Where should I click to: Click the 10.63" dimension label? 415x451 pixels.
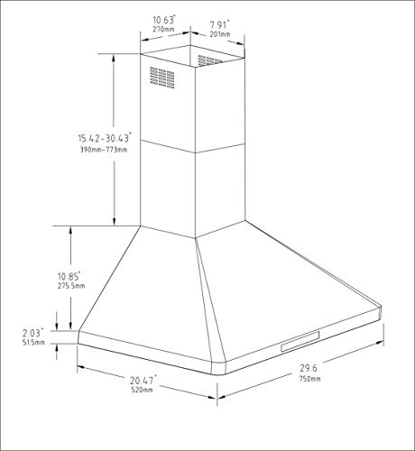[164, 20]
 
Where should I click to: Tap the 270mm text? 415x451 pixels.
[163, 30]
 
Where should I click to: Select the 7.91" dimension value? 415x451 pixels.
[219, 23]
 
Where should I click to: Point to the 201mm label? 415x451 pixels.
[220, 34]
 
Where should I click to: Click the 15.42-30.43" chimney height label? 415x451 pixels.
[105, 138]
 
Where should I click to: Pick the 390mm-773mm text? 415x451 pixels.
[104, 150]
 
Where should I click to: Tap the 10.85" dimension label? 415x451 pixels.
[69, 276]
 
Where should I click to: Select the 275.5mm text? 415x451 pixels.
[71, 286]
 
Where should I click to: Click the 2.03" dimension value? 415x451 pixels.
[32, 333]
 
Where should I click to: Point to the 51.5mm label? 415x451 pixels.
[33, 342]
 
